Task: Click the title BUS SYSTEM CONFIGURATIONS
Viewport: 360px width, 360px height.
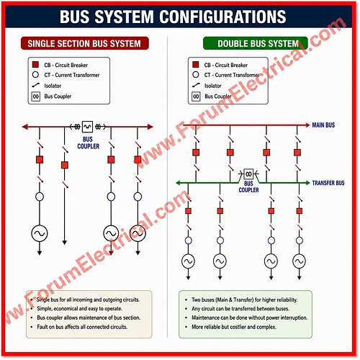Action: coord(173,17)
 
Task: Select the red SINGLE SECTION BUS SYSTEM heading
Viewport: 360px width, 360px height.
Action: coord(84,44)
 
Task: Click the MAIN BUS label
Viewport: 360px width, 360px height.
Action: coord(323,125)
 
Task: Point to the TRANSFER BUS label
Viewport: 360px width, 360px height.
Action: coord(328,183)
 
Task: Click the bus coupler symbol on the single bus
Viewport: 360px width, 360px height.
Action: coord(87,127)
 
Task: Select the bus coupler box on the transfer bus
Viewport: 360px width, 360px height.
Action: coord(248,174)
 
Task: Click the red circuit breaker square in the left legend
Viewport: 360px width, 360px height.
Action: coord(35,65)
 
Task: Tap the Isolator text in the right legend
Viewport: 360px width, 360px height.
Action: coord(212,86)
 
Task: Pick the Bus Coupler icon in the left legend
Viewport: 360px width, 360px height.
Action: coord(35,96)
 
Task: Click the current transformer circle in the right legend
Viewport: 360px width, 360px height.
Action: coord(196,75)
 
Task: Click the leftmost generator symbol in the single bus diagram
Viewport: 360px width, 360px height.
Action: coord(40,233)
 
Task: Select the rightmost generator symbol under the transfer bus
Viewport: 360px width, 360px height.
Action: coord(300,261)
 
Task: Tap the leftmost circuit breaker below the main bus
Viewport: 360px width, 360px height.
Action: coord(196,153)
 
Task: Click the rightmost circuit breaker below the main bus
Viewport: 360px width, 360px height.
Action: coord(297,153)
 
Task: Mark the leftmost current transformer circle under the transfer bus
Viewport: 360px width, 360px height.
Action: coord(189,240)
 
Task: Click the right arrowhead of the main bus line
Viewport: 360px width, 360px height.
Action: coord(307,125)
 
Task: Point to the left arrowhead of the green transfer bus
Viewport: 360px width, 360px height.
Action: coord(178,183)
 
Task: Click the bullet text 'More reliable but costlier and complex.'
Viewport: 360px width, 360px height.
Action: coord(234,327)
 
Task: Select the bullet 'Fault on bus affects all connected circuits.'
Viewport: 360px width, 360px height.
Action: coord(82,327)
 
